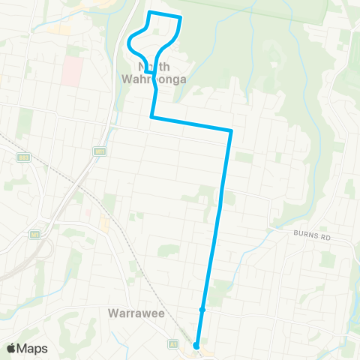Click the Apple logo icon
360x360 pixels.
[x=11, y=348]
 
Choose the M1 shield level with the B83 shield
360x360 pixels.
[x=99, y=151]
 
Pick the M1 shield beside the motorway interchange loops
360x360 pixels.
[x=34, y=235]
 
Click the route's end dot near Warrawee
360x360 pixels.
[x=196, y=346]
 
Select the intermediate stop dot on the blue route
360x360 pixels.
[x=202, y=309]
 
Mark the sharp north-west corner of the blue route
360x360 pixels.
[x=150, y=13]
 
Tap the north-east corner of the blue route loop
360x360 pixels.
[x=181, y=17]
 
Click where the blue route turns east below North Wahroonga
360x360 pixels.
[x=152, y=117]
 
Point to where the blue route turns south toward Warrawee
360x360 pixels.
[x=231, y=131]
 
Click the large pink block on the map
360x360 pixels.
[x=72, y=70]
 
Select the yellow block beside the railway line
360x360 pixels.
[x=104, y=223]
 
